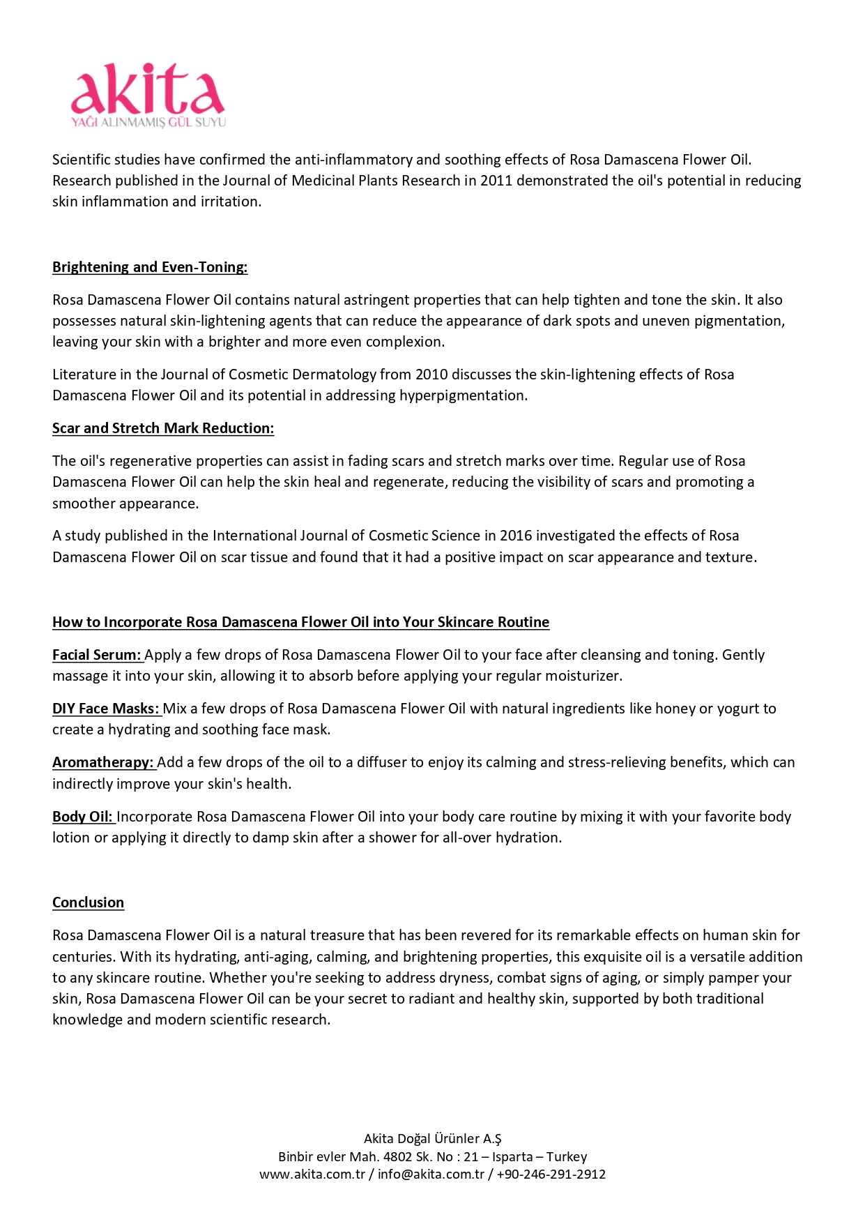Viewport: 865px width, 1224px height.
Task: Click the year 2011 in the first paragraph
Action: (x=496, y=181)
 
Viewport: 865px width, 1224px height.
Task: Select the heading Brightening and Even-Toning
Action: (x=150, y=267)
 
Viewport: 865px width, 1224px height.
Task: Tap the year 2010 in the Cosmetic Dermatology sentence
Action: (x=431, y=375)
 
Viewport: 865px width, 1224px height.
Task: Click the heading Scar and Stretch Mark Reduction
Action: (x=163, y=428)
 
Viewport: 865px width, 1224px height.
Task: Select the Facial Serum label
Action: (x=97, y=655)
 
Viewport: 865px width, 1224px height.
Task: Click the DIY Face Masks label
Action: (x=106, y=709)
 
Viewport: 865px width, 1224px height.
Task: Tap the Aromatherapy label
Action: (x=103, y=762)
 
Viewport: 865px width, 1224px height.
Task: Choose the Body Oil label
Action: (x=82, y=817)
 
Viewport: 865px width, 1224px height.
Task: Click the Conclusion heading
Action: (x=88, y=902)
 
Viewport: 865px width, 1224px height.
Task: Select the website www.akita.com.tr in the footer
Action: (x=312, y=1174)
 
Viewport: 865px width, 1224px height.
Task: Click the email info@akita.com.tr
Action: (x=431, y=1174)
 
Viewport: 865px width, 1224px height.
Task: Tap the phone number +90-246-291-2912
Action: (x=551, y=1174)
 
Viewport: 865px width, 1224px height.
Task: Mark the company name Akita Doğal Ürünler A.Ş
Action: (x=432, y=1139)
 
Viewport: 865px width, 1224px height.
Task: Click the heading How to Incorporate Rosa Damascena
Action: (x=300, y=622)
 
